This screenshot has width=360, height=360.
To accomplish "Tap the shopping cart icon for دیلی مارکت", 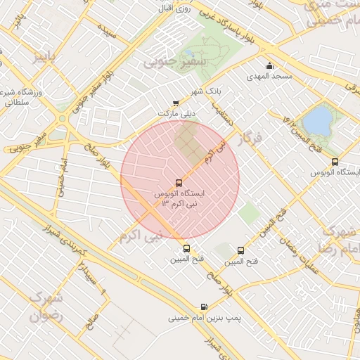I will [176, 103].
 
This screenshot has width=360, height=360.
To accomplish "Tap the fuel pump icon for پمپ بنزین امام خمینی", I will [204, 307].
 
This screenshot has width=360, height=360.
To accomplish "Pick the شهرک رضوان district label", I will [46, 307].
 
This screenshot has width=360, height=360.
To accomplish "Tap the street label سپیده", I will [107, 33].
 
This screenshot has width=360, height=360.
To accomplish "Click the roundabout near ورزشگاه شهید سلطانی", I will [63, 120].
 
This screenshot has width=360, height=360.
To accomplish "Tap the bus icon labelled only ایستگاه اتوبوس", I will [335, 161].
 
